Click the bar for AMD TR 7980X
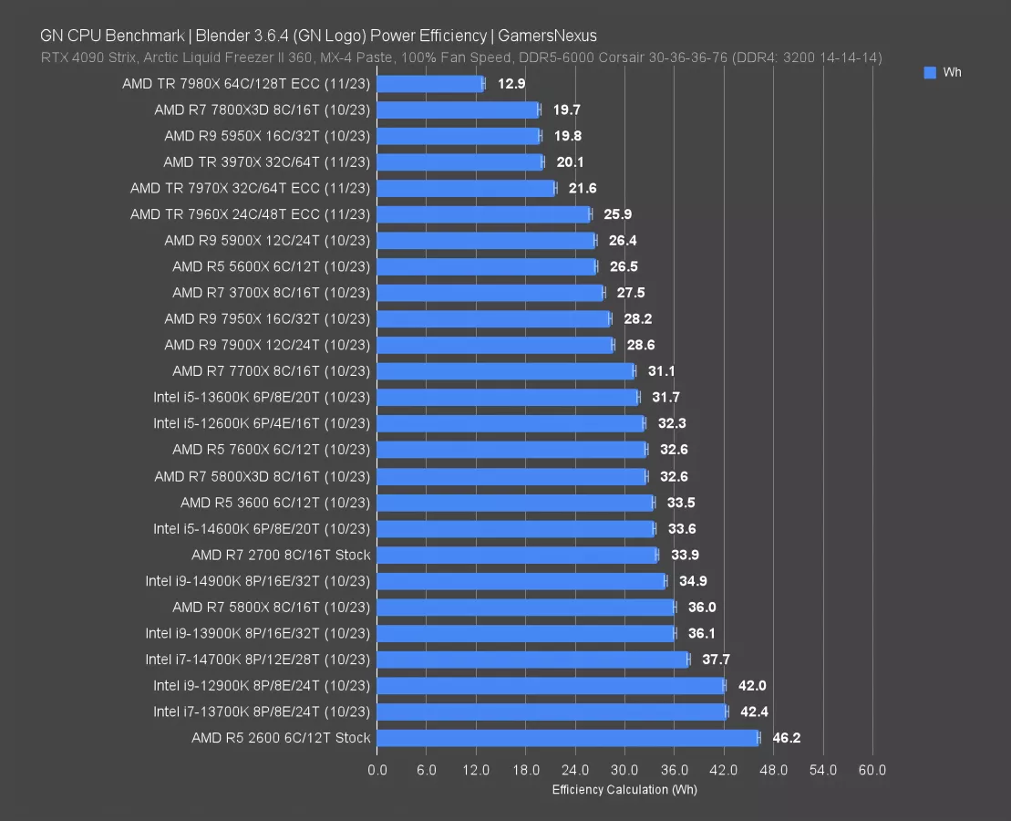coord(429,84)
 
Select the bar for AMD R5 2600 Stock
coord(567,738)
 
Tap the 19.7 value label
coord(566,110)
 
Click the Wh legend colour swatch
coord(930,72)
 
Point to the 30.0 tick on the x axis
coord(624,770)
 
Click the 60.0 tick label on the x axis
coord(872,770)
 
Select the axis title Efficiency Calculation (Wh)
coord(624,789)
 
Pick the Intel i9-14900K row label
coord(258,581)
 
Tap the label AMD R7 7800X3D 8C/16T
coord(263,110)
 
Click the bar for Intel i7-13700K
coord(552,712)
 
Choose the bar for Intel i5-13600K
coord(507,398)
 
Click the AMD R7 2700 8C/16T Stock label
coord(281,555)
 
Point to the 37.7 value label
coord(716,660)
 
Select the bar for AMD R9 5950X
coord(458,136)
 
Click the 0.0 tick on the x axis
coord(377,770)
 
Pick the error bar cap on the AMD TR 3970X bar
coord(542,162)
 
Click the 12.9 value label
coord(511,84)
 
